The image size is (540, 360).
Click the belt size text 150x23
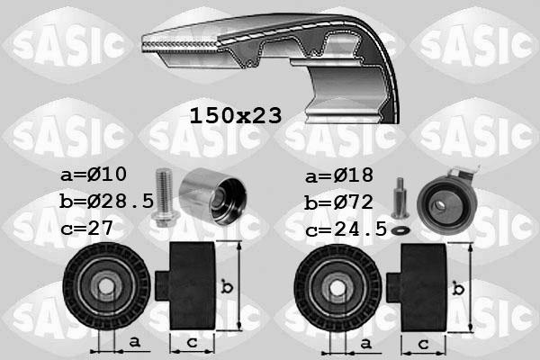[x=236, y=114]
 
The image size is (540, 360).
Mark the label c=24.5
[x=346, y=229]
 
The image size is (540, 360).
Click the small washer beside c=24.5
[x=402, y=230]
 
